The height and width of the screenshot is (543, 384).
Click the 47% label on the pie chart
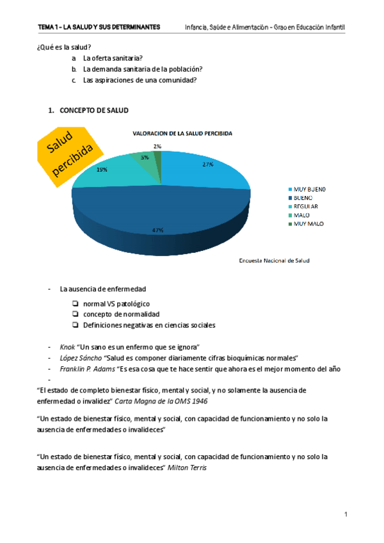[x=158, y=230]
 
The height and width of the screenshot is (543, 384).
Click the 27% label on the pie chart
[x=207, y=165]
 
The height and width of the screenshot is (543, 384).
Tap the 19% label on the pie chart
[x=102, y=170]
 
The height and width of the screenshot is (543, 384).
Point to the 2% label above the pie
[x=157, y=147]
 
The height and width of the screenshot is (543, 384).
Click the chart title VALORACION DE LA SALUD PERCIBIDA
[x=182, y=134]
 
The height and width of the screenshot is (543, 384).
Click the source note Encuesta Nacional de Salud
[x=274, y=261]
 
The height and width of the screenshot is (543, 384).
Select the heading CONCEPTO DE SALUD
[x=93, y=110]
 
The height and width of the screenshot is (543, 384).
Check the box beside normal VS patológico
[x=76, y=304]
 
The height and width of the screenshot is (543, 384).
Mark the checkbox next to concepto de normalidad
[x=76, y=314]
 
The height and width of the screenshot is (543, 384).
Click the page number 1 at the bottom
[x=345, y=514]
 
